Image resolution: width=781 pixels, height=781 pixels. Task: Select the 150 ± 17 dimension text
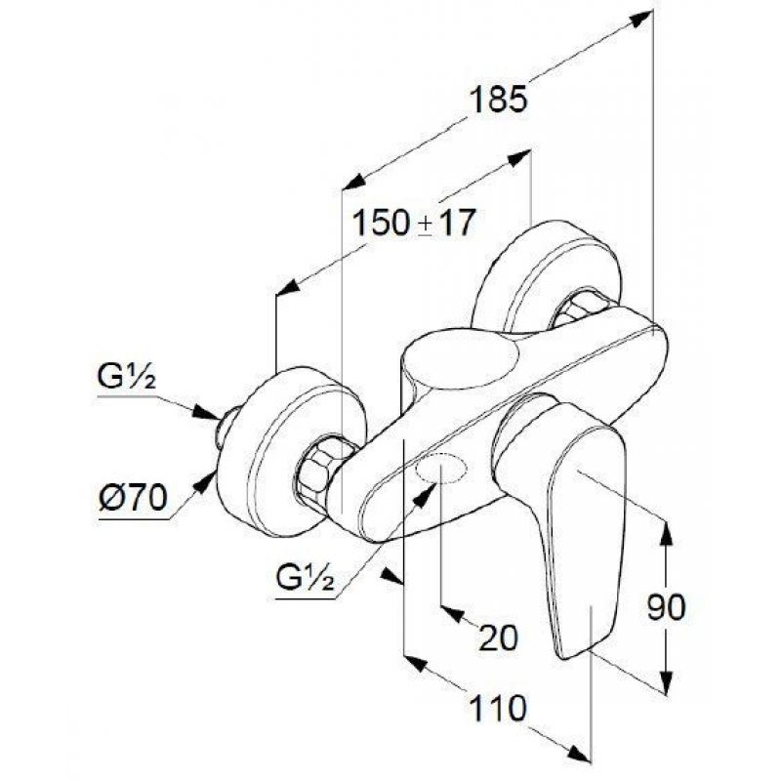click(413, 223)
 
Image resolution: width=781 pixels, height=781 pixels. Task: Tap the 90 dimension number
click(666, 607)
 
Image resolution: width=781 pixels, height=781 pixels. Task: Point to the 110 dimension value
click(498, 708)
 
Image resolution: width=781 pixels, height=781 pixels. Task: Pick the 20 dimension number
click(498, 637)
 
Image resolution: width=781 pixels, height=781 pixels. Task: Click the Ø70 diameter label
click(133, 497)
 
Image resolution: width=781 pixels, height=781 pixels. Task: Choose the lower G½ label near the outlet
click(305, 577)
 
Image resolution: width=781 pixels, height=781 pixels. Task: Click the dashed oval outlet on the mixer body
click(442, 469)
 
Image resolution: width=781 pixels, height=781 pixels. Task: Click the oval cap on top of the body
click(460, 357)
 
